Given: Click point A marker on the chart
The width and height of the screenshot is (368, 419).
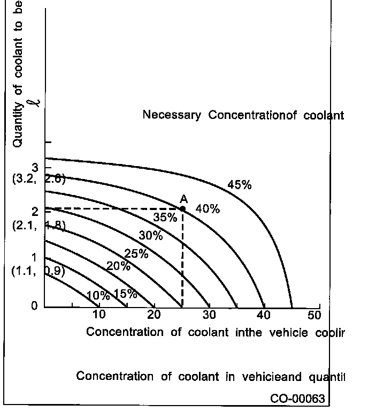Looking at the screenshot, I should [x=182, y=208].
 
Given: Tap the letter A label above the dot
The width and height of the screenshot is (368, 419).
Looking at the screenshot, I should [x=183, y=198].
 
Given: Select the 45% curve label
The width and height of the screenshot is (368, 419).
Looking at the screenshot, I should [x=239, y=185].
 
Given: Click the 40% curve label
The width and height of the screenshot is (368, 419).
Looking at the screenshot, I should [x=208, y=209].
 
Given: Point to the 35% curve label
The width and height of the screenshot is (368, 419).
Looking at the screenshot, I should [x=165, y=218].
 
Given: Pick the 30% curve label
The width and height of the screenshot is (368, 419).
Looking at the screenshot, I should [x=151, y=236].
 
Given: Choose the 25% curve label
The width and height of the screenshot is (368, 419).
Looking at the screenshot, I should [x=136, y=254].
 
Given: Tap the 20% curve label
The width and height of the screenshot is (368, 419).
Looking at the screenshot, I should [x=118, y=266].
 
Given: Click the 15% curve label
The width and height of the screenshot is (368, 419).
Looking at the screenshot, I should [x=126, y=294].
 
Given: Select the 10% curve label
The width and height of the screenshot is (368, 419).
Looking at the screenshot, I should [x=98, y=296].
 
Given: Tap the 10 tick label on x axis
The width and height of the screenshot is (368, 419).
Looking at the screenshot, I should [x=98, y=315].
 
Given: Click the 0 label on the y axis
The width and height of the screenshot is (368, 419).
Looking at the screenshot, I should [x=34, y=306].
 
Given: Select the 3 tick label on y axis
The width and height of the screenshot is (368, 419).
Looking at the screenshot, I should [x=35, y=167].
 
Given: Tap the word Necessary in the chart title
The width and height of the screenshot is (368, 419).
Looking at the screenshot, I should [x=172, y=115].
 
